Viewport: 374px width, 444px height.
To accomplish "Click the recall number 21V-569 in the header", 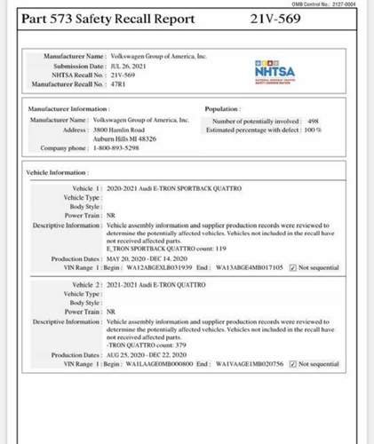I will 277,18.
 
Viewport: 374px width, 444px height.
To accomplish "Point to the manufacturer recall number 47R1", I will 116,83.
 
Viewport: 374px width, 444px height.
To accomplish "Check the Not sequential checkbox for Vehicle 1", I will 293,266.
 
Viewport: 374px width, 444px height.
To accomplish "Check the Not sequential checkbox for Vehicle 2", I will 293,364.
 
